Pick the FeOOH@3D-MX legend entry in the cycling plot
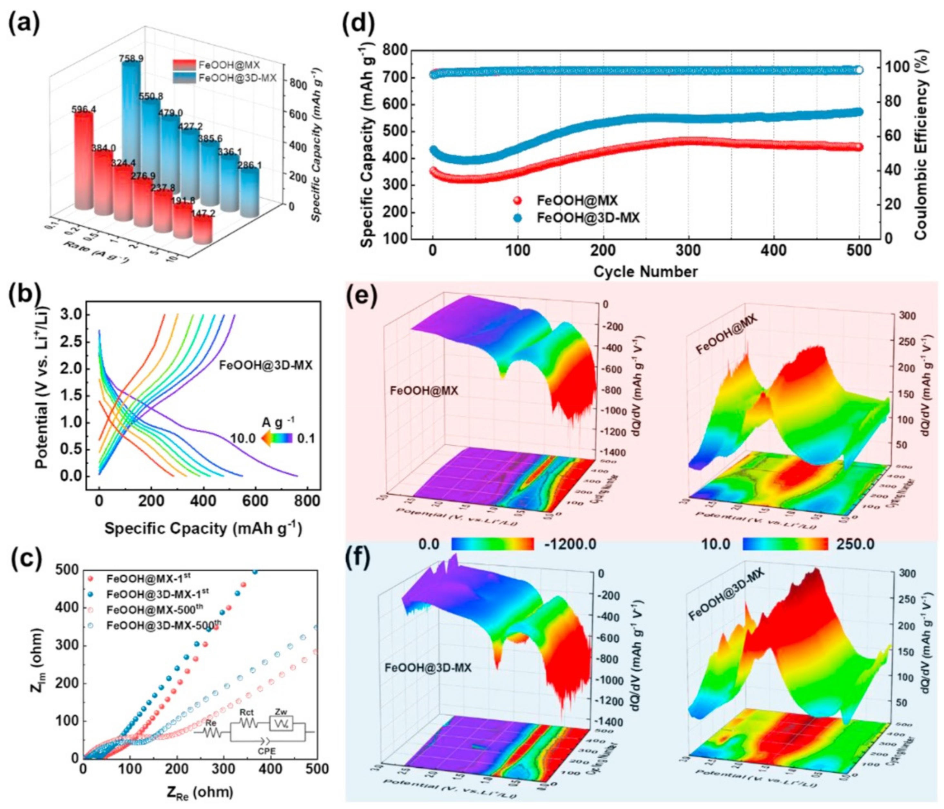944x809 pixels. click(x=588, y=218)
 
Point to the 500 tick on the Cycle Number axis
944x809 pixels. click(x=859, y=250)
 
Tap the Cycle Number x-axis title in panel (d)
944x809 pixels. click(x=645, y=272)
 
